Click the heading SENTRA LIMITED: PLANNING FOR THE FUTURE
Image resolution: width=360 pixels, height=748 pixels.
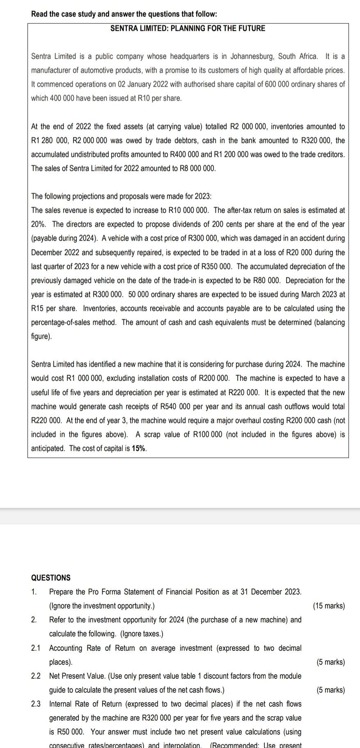coord(188,28)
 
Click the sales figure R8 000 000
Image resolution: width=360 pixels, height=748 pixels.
coord(196,168)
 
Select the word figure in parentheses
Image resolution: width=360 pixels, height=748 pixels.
coord(41,336)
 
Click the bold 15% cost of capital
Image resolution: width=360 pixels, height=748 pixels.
coord(139,448)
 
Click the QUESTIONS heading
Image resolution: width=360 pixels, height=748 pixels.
coord(51,578)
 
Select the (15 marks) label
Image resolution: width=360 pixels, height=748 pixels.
coord(329,606)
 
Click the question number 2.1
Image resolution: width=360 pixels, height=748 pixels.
coord(36,648)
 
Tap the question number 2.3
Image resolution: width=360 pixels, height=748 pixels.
coord(36,704)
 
